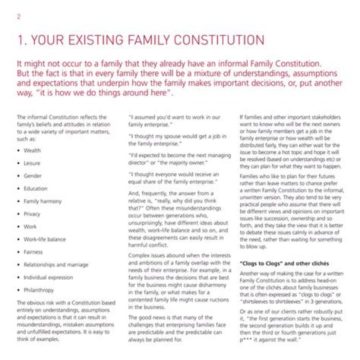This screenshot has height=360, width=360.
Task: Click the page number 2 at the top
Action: (18, 16)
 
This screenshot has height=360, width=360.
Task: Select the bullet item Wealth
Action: (32, 150)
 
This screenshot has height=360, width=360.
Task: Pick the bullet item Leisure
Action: (32, 163)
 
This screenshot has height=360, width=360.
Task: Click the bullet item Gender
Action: (32, 176)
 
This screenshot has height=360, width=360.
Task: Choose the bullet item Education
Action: (35, 188)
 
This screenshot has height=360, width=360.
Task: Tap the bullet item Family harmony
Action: (42, 201)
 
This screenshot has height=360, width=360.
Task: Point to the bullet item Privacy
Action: (32, 214)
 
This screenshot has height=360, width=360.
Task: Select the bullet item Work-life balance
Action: (44, 239)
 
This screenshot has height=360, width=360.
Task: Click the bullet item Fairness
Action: (33, 252)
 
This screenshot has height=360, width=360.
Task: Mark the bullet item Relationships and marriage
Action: (55, 264)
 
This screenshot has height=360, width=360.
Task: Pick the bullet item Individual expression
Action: (48, 277)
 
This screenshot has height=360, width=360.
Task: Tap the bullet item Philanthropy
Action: (39, 290)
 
